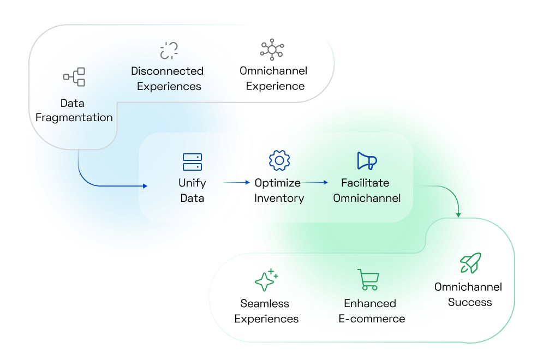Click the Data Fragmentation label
74,110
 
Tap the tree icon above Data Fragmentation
74,77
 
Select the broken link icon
169,50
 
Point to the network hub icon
272,49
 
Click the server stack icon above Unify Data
192,162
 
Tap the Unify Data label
192,190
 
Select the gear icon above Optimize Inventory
279,161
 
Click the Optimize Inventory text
279,190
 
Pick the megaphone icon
367,161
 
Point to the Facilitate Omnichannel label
367,190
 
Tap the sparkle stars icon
266,280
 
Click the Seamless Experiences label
266,311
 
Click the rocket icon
470,263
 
